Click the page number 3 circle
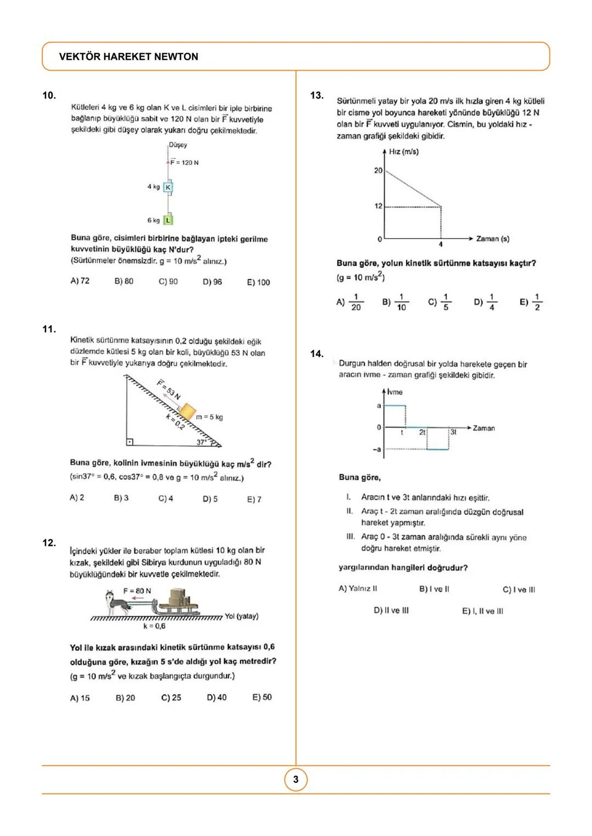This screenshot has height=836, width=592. click(x=296, y=780)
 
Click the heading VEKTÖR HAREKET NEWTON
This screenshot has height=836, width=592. click(x=128, y=56)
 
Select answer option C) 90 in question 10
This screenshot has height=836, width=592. click(x=168, y=281)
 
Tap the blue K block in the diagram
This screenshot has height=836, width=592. click(x=168, y=187)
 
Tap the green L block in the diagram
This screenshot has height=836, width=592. click(x=168, y=220)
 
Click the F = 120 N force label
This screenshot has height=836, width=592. click(x=185, y=163)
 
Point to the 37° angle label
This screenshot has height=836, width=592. click(x=202, y=442)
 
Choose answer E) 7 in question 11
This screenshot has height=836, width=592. click(x=254, y=499)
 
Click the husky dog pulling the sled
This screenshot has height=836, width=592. click(x=118, y=603)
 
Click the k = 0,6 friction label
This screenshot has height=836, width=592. click(x=154, y=626)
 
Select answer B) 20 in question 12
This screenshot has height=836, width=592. click(x=125, y=698)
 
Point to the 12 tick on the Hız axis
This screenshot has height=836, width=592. click(x=378, y=206)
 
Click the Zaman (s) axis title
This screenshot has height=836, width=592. click(x=492, y=239)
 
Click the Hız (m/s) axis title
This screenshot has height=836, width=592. click(x=403, y=152)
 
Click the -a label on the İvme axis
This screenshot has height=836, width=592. click(x=377, y=449)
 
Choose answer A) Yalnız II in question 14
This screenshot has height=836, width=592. click(x=357, y=589)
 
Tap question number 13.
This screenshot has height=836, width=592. click(x=317, y=96)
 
